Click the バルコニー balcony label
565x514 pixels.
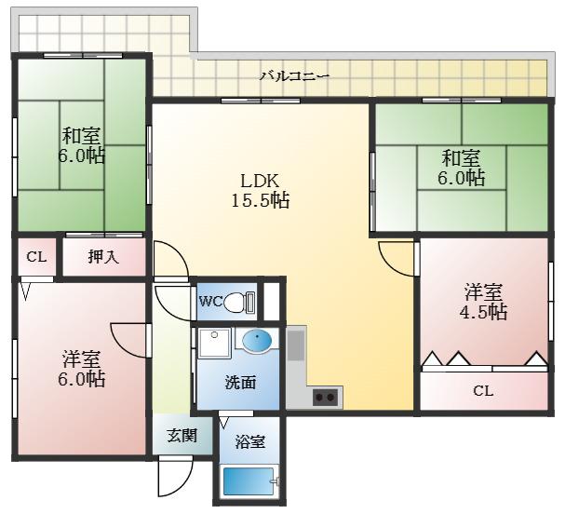(295, 76)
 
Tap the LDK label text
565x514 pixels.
(260, 181)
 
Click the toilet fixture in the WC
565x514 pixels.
(239, 302)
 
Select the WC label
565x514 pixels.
(210, 302)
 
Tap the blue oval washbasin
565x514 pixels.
(257, 340)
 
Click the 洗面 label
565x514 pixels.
(240, 383)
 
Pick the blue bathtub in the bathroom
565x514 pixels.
(249, 481)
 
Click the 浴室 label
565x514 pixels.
(250, 441)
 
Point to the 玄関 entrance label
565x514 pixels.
(182, 436)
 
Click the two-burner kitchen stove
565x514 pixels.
(325, 398)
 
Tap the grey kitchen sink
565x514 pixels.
(296, 345)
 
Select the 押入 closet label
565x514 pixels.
(103, 257)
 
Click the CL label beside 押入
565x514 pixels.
(36, 257)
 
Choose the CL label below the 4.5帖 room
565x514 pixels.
(483, 391)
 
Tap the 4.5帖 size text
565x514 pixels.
(483, 312)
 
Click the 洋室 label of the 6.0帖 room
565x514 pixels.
(81, 358)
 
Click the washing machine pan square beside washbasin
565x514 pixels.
(214, 343)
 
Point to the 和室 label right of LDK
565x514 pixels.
(461, 158)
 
